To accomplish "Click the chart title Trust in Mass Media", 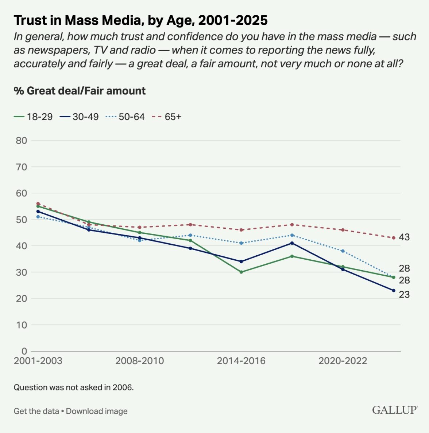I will click(140, 20).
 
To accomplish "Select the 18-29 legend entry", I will click(33, 117).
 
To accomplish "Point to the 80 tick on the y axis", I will click(22, 141).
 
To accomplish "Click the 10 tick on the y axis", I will click(22, 325).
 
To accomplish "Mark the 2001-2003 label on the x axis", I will click(38, 361).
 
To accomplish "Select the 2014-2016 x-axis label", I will click(241, 361).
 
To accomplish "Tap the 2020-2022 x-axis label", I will click(343, 361).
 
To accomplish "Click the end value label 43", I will click(404, 237).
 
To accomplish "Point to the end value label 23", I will click(404, 295).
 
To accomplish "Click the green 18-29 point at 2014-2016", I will click(241, 272).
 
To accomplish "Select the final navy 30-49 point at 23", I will click(394, 291).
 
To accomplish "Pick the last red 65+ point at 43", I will click(394, 238).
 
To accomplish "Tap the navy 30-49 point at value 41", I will click(292, 243).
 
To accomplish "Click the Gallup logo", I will click(395, 410).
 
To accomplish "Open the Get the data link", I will click(36, 411).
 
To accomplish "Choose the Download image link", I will click(97, 411).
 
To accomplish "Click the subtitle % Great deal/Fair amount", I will click(80, 91).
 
